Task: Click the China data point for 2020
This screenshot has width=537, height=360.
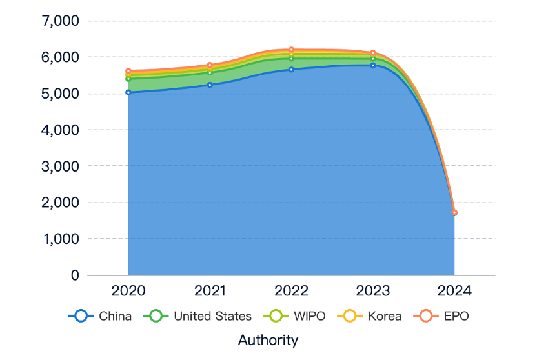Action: tap(128, 92)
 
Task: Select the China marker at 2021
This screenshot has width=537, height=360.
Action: tap(210, 85)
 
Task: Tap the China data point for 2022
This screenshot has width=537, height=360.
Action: tap(292, 70)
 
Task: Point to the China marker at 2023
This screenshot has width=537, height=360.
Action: tap(373, 65)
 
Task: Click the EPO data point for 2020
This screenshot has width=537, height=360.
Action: tap(128, 71)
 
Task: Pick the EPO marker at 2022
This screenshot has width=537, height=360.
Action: tap(292, 50)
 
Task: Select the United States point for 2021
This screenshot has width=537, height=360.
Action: tap(210, 72)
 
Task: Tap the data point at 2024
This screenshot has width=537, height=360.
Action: tap(454, 212)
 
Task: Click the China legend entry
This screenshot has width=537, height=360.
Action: tap(99, 316)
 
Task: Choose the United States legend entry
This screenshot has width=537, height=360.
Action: tap(198, 316)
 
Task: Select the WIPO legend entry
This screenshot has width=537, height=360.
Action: tap(294, 316)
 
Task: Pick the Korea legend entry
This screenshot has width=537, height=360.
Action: tap(369, 316)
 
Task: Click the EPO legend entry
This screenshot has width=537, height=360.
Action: tap(441, 316)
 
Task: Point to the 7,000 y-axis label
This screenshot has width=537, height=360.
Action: tap(60, 21)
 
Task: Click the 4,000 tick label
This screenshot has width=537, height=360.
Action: tap(60, 130)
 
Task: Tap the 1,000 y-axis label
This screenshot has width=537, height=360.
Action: tap(61, 239)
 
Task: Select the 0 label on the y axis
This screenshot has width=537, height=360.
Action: tap(75, 275)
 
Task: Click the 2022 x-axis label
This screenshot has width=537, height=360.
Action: tap(292, 291)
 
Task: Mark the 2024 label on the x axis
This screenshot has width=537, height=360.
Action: tap(454, 291)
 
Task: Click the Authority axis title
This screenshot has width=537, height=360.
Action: tap(268, 341)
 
